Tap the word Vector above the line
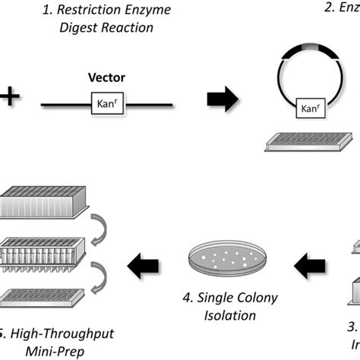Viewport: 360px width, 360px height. [107, 78]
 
